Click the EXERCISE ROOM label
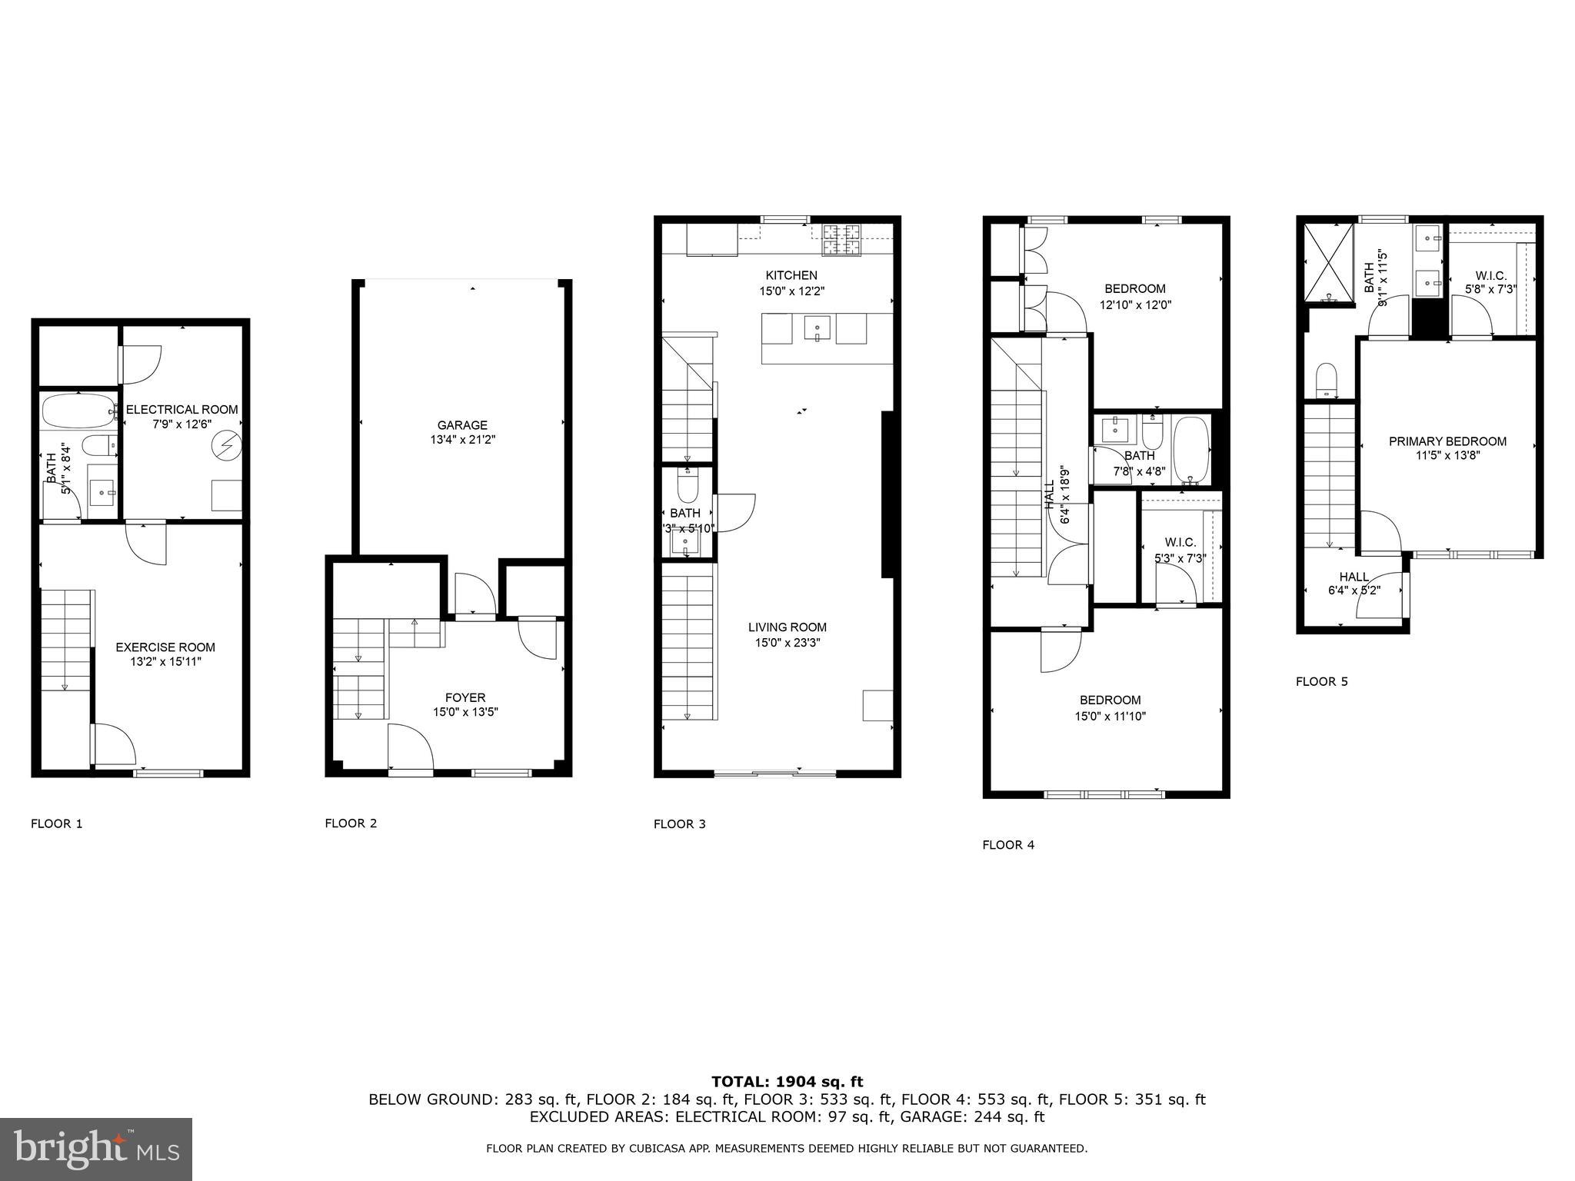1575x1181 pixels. [165, 647]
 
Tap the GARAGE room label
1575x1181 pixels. [462, 425]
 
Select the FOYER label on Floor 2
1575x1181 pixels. [465, 697]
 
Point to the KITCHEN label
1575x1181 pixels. [791, 275]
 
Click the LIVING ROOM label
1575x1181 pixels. [787, 627]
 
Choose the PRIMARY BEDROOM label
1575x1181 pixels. [1447, 441]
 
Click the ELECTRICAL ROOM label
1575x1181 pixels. [182, 410]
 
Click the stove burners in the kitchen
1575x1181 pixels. [841, 240]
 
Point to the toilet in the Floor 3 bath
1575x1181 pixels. [687, 486]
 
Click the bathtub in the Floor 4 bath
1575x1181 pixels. [1190, 449]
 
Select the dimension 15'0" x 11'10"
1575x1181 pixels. [1110, 716]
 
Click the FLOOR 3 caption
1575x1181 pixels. [679, 824]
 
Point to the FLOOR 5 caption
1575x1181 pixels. [1321, 681]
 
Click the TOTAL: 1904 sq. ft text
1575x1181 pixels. [787, 1083]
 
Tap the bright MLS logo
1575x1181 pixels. [96, 1149]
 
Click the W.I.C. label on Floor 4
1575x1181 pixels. [1180, 543]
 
